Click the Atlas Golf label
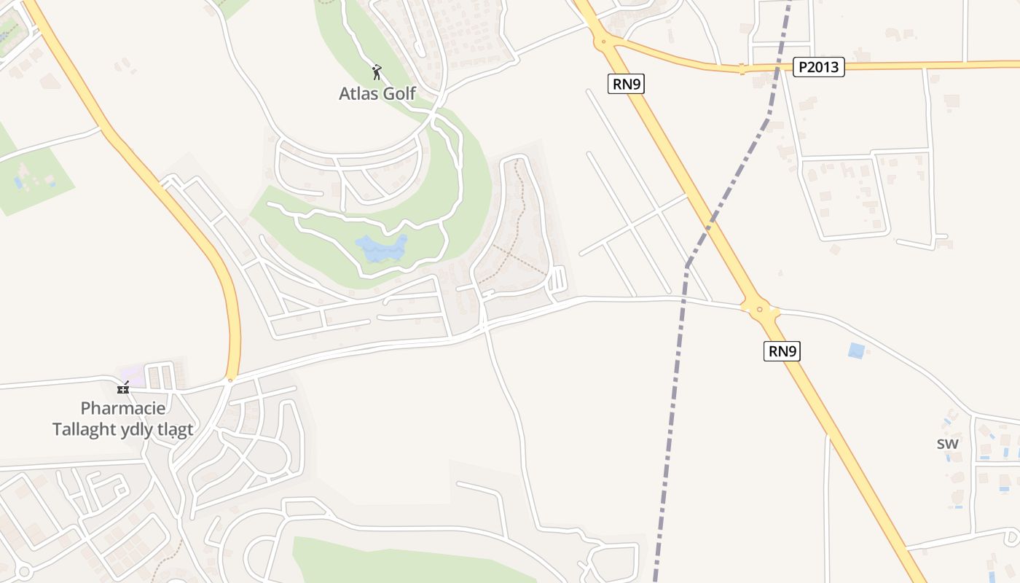pyautogui.click(x=377, y=93)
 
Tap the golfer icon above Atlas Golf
pyautogui.click(x=377, y=72)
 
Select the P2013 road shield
pyautogui.click(x=819, y=68)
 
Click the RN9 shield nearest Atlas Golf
pyautogui.click(x=627, y=84)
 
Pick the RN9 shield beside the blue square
pyautogui.click(x=782, y=351)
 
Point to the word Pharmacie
pyautogui.click(x=123, y=408)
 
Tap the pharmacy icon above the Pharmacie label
pyautogui.click(x=123, y=388)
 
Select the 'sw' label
pyautogui.click(x=947, y=443)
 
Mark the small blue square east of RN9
pyautogui.click(x=857, y=351)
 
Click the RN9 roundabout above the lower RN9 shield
pyautogui.click(x=760, y=309)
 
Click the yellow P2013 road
pyautogui.click(x=933, y=65)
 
